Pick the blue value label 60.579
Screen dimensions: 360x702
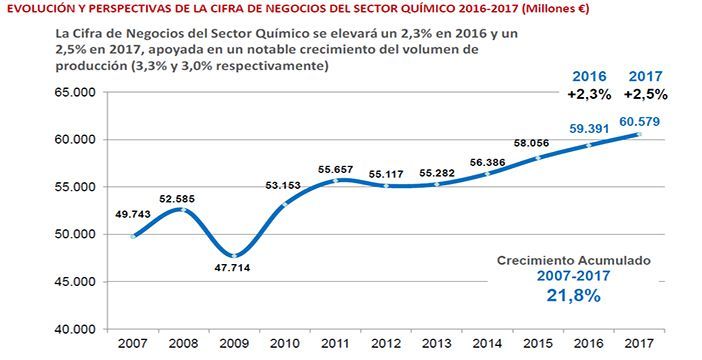coord(640,122)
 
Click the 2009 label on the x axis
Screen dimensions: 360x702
coord(233,345)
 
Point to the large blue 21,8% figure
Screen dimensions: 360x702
coord(573,296)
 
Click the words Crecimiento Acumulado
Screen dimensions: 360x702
coord(573,260)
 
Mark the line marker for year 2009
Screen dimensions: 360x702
coord(233,255)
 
